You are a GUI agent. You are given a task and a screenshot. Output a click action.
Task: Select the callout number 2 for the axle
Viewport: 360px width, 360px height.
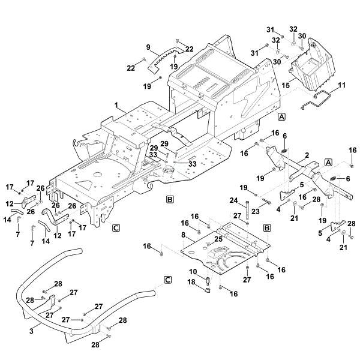(307, 155)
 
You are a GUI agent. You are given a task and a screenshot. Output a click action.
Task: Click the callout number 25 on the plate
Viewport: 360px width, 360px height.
(218, 239)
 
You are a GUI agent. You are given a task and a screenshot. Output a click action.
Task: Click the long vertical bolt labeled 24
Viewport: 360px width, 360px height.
(247, 211)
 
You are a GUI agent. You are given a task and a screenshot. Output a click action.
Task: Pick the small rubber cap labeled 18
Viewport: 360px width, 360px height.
(206, 289)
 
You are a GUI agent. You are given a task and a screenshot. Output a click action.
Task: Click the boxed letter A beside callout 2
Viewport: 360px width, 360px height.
(328, 163)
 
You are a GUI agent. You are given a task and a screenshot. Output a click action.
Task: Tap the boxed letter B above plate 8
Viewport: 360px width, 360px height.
(267, 229)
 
